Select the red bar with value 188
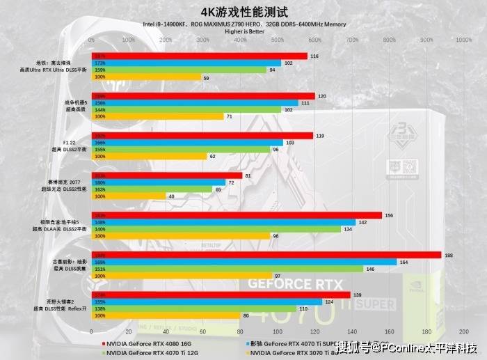click(x=267, y=256)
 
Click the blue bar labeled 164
click(x=245, y=263)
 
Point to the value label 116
click(x=314, y=56)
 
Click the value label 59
click(x=207, y=77)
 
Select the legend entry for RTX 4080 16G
click(x=145, y=343)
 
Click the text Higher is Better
click(x=243, y=31)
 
